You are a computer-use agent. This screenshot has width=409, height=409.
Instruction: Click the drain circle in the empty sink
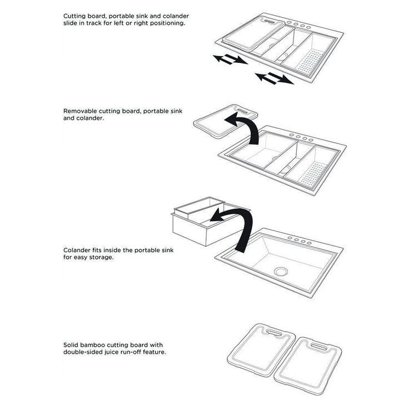pyautogui.click(x=281, y=271)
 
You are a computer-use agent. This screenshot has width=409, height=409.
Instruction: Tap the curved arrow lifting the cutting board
pyautogui.click(x=243, y=128)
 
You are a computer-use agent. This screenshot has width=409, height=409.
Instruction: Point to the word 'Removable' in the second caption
pyautogui.click(x=80, y=111)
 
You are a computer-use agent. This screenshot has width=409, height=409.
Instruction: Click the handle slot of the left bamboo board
pyautogui.click(x=273, y=332)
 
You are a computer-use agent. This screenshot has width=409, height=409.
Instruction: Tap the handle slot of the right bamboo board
pyautogui.click(x=318, y=347)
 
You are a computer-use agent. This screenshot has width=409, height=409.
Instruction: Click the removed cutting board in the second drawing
pyautogui.click(x=225, y=121)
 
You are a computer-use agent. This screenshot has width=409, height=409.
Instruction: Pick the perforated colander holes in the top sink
pyautogui.click(x=310, y=62)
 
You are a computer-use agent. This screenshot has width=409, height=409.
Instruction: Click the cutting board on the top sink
pyautogui.click(x=253, y=34)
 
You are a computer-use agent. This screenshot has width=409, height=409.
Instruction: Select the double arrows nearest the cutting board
pyautogui.click(x=230, y=59)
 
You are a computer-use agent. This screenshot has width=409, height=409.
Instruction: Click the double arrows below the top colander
pyautogui.click(x=275, y=79)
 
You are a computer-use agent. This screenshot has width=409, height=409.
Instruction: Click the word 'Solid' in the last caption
pyautogui.click(x=71, y=345)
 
